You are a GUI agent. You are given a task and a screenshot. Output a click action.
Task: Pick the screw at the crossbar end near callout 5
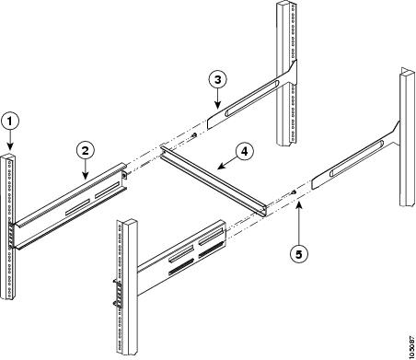[292, 192]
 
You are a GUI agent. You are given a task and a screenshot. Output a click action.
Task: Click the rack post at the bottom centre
[125, 285]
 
